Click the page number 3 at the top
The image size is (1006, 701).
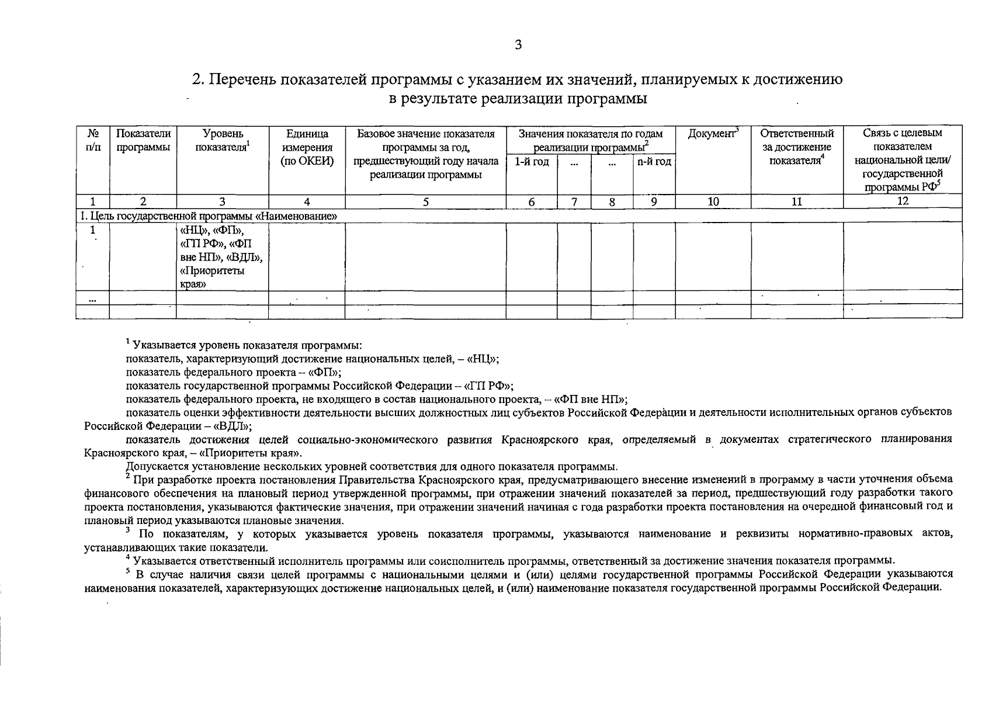coord(518,46)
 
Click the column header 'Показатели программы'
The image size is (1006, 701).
coord(143,141)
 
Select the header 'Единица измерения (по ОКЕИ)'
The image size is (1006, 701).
coord(307,148)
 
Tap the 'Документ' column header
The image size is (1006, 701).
coord(713,134)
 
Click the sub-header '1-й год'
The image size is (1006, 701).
coord(532,162)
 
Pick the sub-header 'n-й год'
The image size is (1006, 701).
coord(654,162)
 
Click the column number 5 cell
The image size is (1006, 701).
coord(425,202)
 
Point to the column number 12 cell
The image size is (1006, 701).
coord(902,202)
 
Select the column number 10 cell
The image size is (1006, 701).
coord(713,202)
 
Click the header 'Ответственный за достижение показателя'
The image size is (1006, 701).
coord(797,147)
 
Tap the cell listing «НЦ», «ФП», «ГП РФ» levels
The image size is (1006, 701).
coord(221,257)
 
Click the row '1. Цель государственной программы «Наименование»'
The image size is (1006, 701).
coord(209,216)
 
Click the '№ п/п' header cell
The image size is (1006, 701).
coord(92,141)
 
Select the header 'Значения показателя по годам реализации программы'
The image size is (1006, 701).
coord(590,141)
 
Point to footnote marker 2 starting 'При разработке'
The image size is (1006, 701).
coord(128,477)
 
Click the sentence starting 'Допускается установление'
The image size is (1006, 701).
coord(372,467)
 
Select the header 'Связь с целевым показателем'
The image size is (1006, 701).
coord(902,141)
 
